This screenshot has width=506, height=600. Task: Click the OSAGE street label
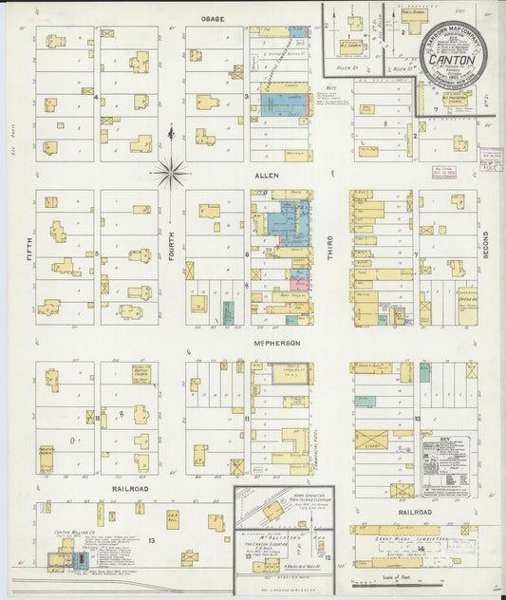point(211,18)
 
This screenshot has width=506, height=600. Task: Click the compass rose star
point(171,172)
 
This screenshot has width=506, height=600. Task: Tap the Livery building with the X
point(371,440)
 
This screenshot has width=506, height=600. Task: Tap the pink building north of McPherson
point(300,284)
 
